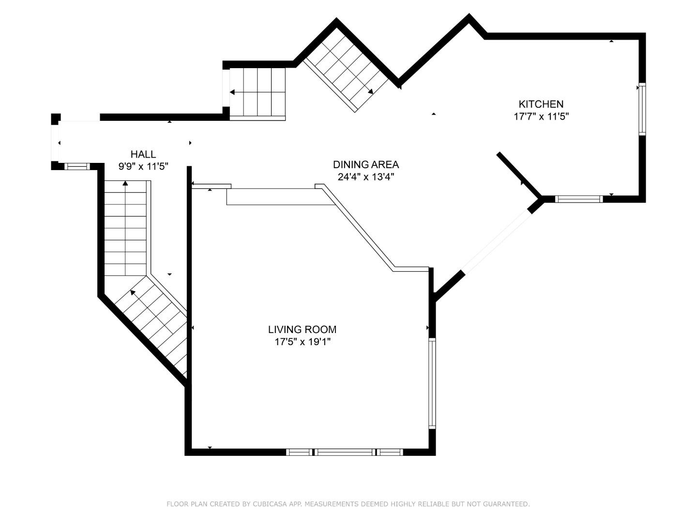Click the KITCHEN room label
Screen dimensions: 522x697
click(x=541, y=104)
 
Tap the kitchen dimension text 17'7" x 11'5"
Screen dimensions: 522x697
click(x=541, y=116)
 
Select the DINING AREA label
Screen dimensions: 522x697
click(x=365, y=164)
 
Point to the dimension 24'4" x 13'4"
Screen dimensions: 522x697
click(x=365, y=177)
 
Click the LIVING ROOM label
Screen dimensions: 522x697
click(x=302, y=330)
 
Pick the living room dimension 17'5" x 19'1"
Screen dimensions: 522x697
click(x=302, y=342)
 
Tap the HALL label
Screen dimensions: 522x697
click(x=143, y=154)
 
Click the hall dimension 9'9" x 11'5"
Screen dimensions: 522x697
click(x=143, y=167)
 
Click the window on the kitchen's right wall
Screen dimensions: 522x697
click(x=642, y=109)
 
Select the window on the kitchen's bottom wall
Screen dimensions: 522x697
click(x=578, y=199)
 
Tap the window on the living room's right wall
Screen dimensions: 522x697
click(x=432, y=383)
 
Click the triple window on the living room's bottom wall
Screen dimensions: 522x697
click(x=344, y=452)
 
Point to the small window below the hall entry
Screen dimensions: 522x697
click(x=77, y=166)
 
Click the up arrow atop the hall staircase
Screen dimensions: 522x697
click(x=125, y=183)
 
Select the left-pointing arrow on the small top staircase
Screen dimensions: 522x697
click(x=233, y=92)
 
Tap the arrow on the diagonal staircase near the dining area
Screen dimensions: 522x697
click(x=370, y=91)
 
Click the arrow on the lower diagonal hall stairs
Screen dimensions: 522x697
click(x=133, y=292)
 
